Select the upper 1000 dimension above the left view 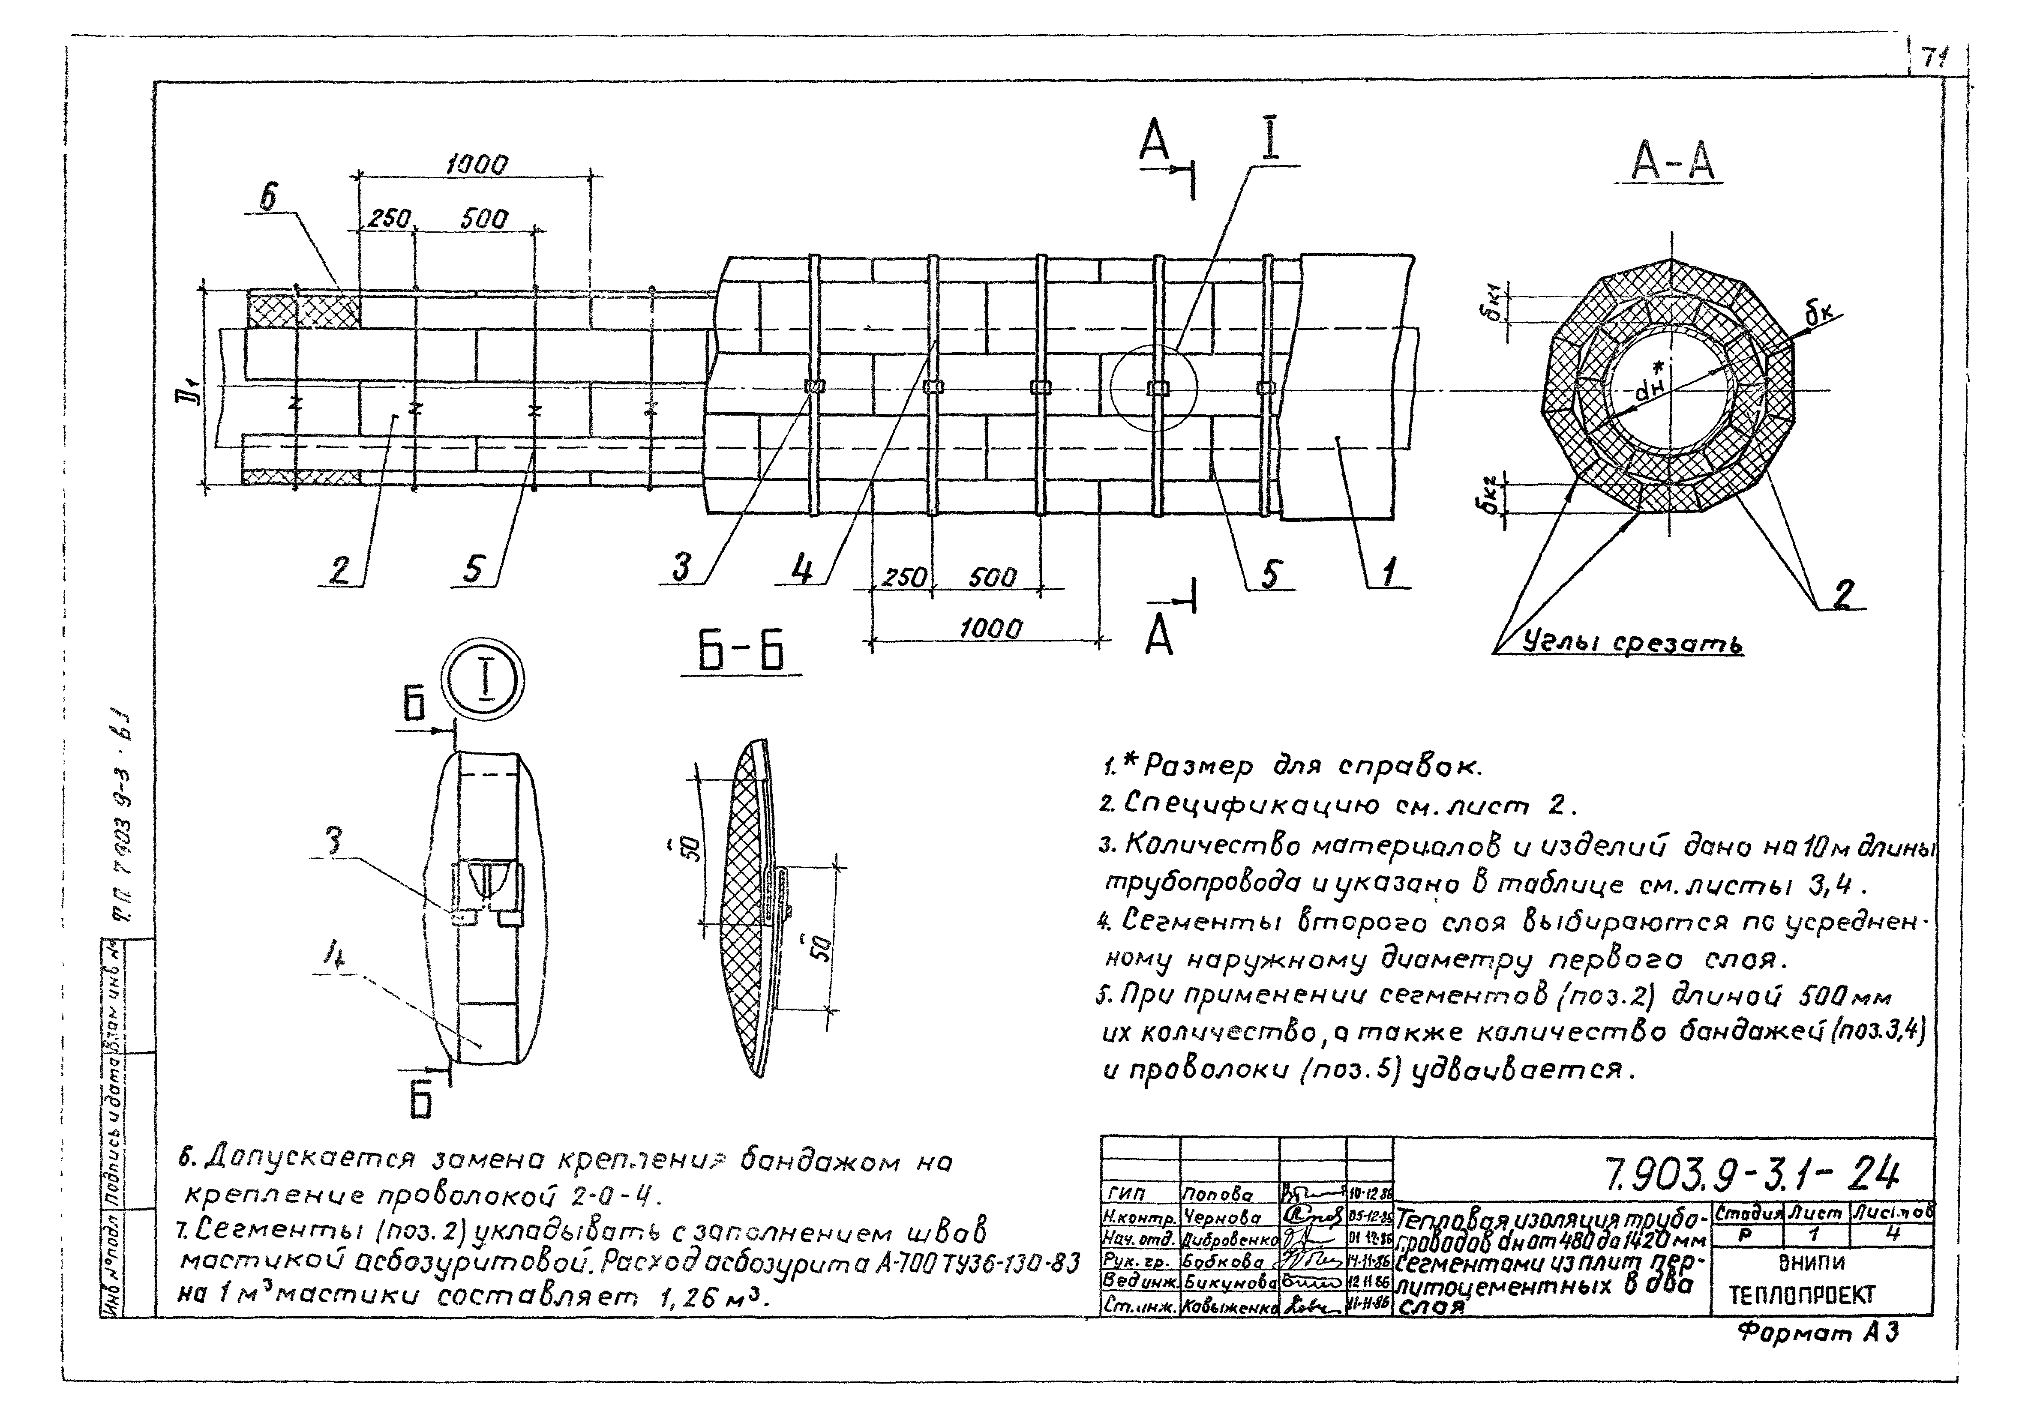click(x=477, y=165)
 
